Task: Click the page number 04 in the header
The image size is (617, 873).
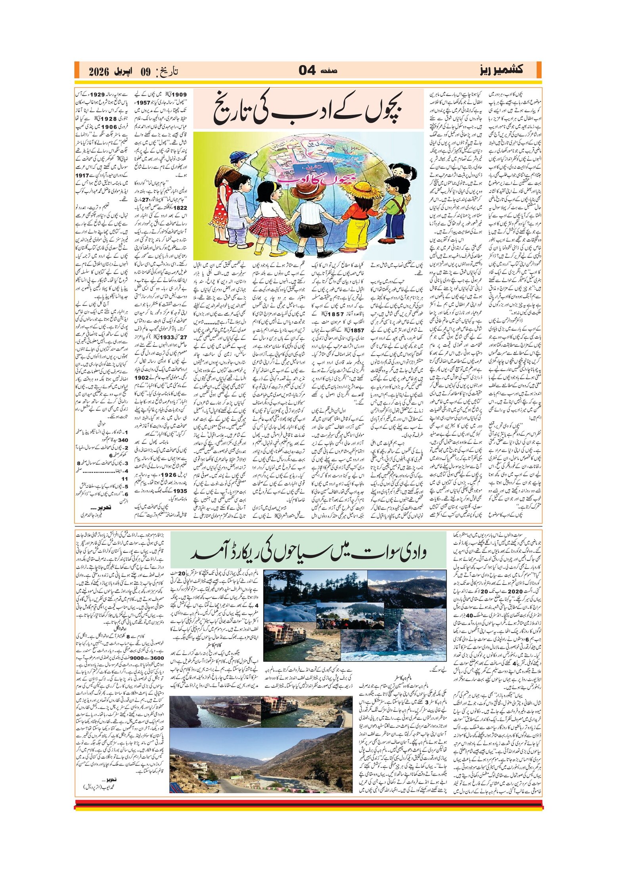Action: [x=307, y=71]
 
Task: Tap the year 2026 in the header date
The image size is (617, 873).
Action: [x=99, y=72]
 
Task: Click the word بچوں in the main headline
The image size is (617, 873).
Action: [x=379, y=110]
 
